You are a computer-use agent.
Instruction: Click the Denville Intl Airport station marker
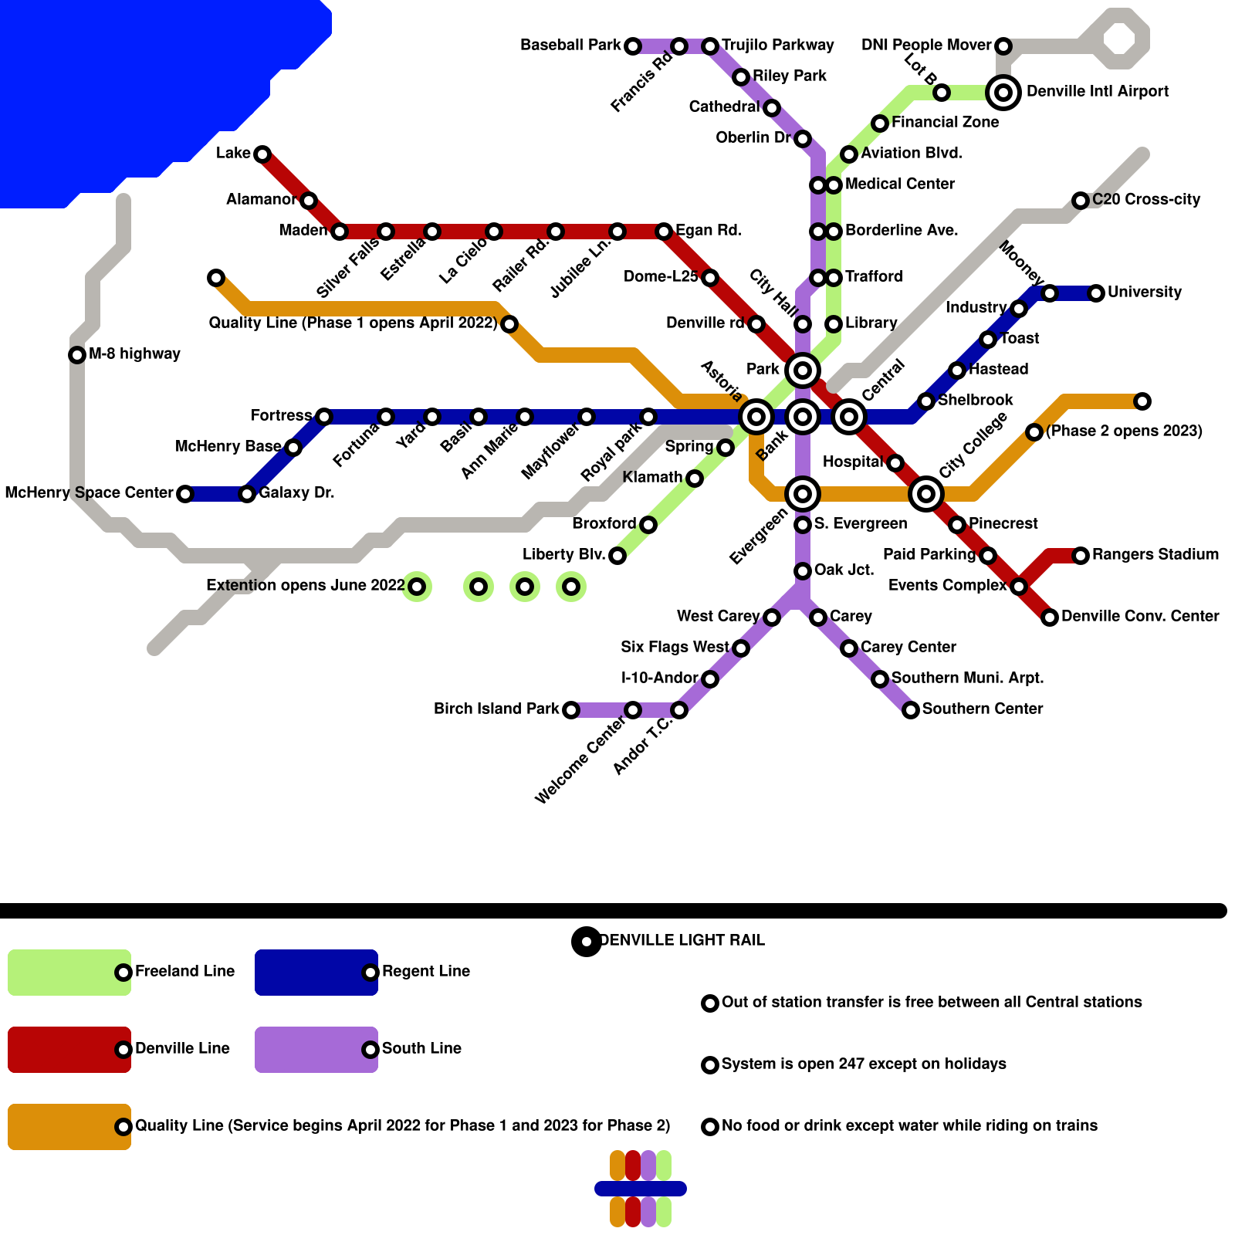click(x=1003, y=93)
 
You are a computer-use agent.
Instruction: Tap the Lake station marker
click(x=262, y=154)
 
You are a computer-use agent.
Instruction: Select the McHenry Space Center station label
click(x=89, y=492)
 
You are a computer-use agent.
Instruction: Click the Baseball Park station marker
click(x=633, y=46)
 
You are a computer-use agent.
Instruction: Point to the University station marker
click(x=1096, y=293)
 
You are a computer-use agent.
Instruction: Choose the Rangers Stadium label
click(x=1155, y=554)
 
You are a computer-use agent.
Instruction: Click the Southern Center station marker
click(x=911, y=710)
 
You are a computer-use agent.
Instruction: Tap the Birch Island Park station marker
click(x=571, y=710)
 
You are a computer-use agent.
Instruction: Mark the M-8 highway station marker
click(x=77, y=355)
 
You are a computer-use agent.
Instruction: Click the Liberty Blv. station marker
click(x=617, y=556)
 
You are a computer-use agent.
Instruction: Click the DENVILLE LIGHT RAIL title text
click(x=682, y=940)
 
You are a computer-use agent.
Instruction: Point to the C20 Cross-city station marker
click(x=1081, y=201)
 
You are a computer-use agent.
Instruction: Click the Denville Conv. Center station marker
click(x=1050, y=617)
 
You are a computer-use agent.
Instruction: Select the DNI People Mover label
click(x=926, y=45)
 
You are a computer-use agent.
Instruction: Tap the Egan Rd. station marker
click(x=664, y=232)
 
